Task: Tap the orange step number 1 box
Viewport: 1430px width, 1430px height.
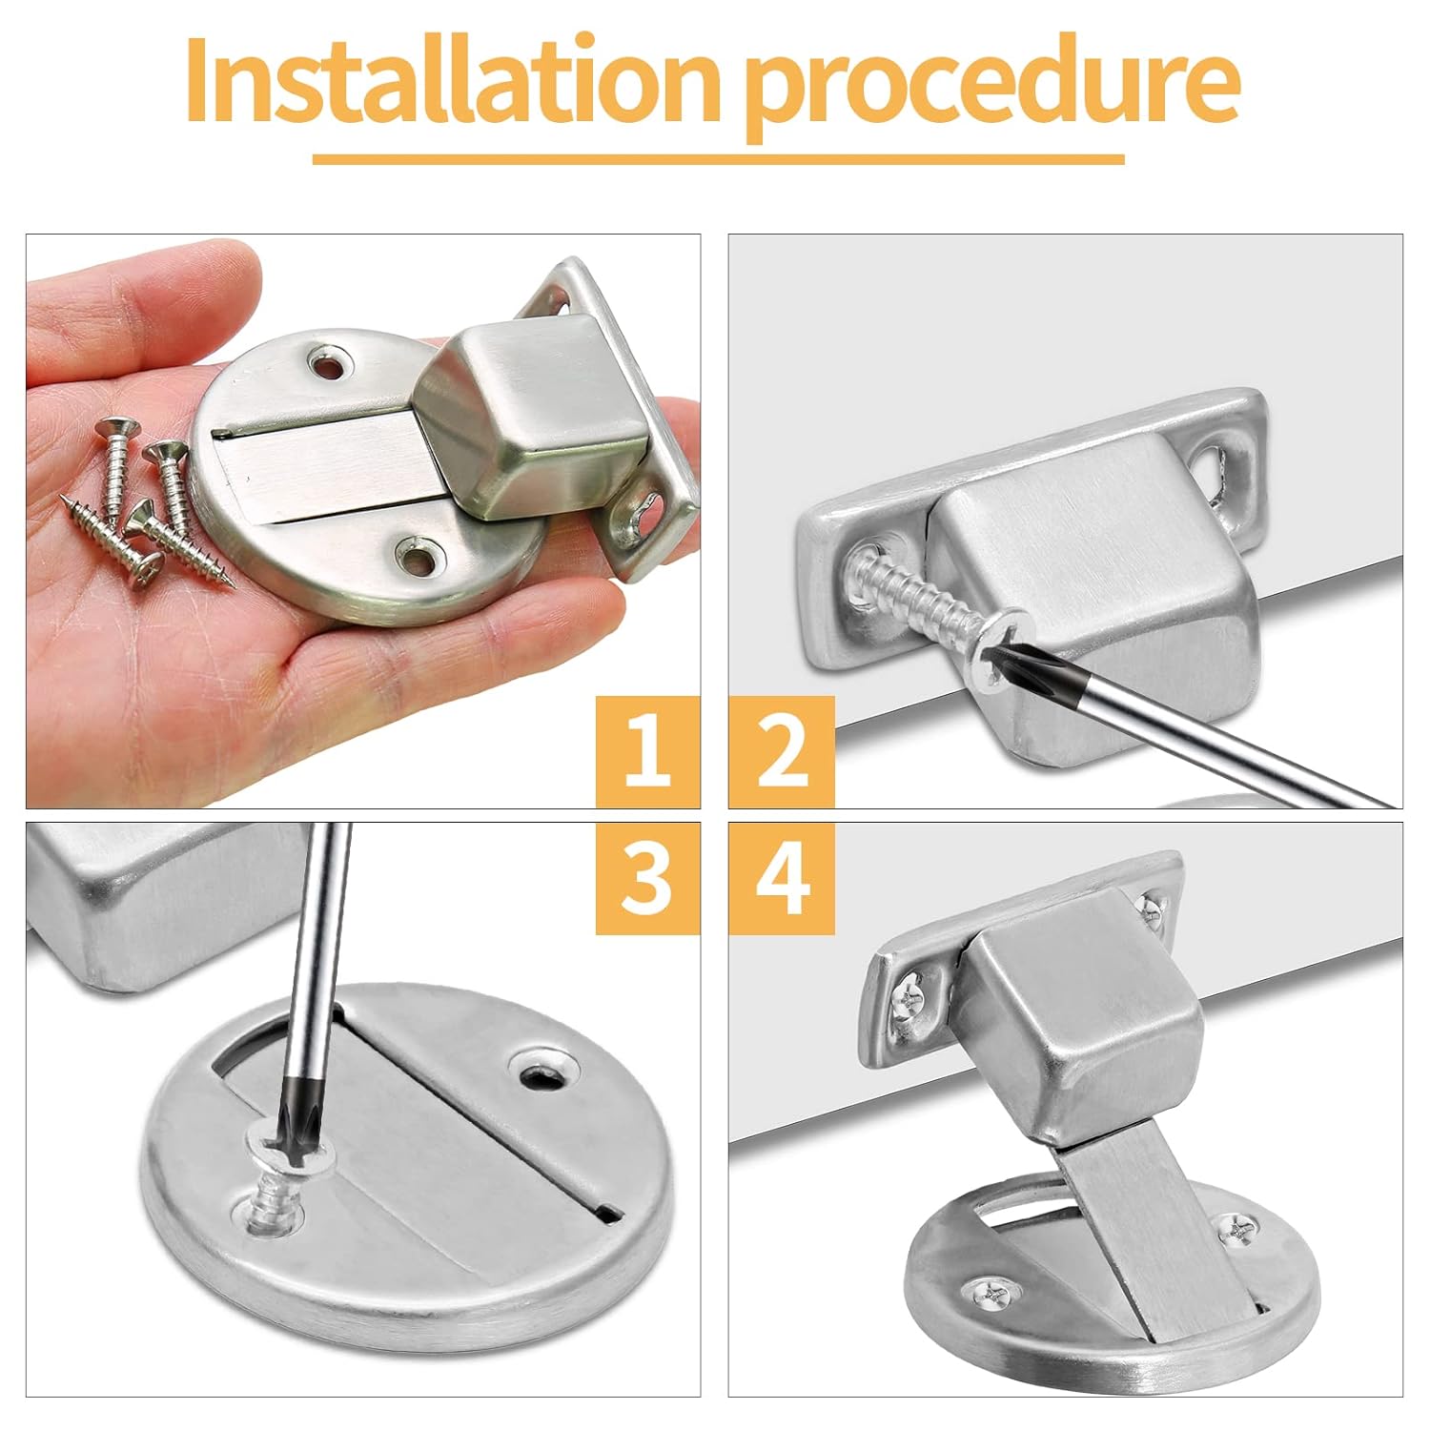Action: coord(648,752)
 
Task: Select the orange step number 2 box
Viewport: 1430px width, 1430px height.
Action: coord(782,752)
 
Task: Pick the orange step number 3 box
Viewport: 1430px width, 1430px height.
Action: coord(648,878)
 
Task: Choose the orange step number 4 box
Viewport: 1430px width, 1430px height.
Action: coord(782,878)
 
